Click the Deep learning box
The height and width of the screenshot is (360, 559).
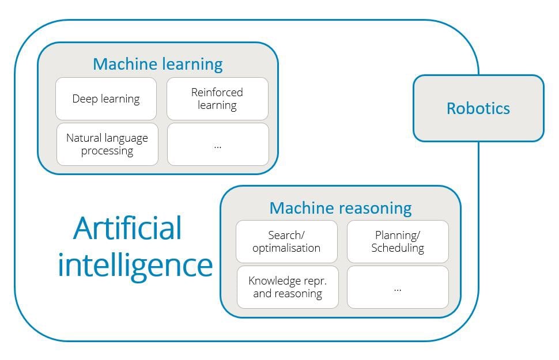[106, 98]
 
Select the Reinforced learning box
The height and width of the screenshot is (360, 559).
[217, 98]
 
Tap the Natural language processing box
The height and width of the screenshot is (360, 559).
[107, 144]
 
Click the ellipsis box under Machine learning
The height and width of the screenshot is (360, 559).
[218, 144]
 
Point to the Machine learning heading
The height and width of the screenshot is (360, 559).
[157, 64]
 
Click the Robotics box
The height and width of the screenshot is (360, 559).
[478, 108]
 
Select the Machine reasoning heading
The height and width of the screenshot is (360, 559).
[341, 207]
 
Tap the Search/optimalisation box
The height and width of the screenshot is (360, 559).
[286, 241]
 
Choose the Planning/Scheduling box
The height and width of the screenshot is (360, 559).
[398, 241]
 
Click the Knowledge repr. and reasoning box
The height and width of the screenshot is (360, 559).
[288, 287]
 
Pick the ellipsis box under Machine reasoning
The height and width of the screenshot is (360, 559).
[398, 287]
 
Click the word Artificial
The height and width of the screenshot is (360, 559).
[128, 228]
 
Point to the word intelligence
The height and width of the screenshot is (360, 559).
[135, 265]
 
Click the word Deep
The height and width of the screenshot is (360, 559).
[84, 98]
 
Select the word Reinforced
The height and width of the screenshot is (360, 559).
[217, 92]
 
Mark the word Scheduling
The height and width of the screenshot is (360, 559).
[398, 248]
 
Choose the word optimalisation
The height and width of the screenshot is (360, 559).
[286, 248]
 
